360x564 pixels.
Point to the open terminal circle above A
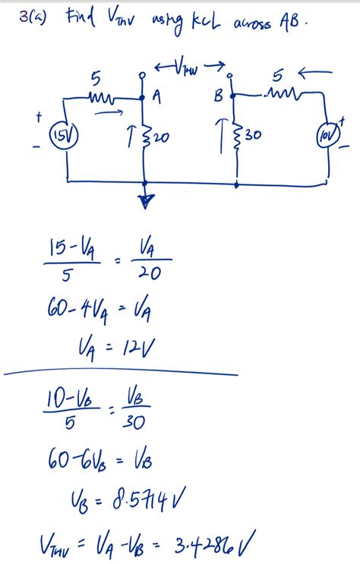click(144, 77)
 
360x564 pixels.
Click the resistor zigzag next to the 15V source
click(102, 99)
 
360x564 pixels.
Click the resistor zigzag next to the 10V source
click(279, 95)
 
